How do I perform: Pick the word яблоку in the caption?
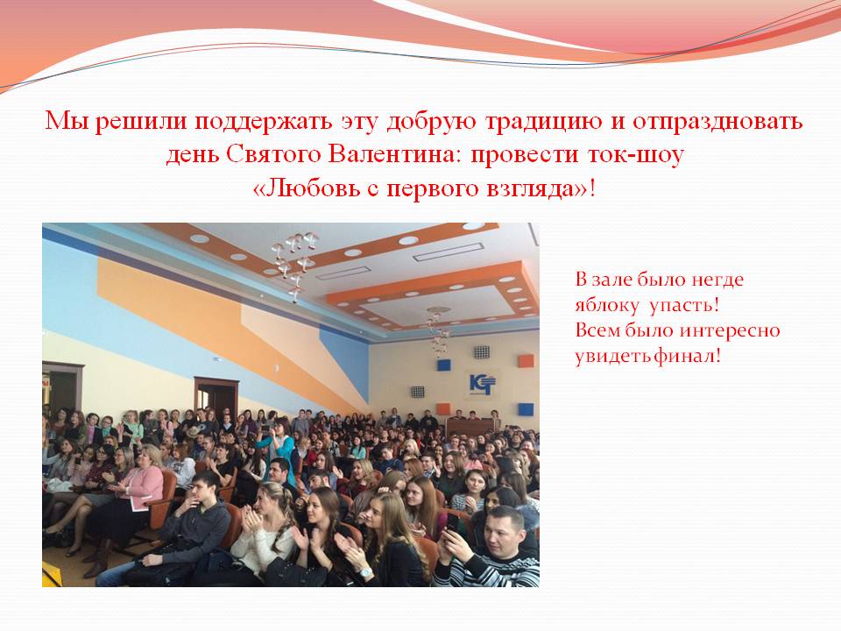(x=606, y=306)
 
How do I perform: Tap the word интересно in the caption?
(x=730, y=330)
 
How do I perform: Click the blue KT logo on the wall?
(x=482, y=384)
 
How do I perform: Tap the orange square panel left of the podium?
(x=442, y=409)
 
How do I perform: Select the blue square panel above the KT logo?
(x=443, y=365)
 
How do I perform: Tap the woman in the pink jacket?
(x=142, y=483)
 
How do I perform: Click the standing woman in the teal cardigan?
(x=279, y=446)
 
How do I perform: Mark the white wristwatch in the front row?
(x=366, y=572)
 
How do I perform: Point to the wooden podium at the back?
(x=470, y=427)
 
